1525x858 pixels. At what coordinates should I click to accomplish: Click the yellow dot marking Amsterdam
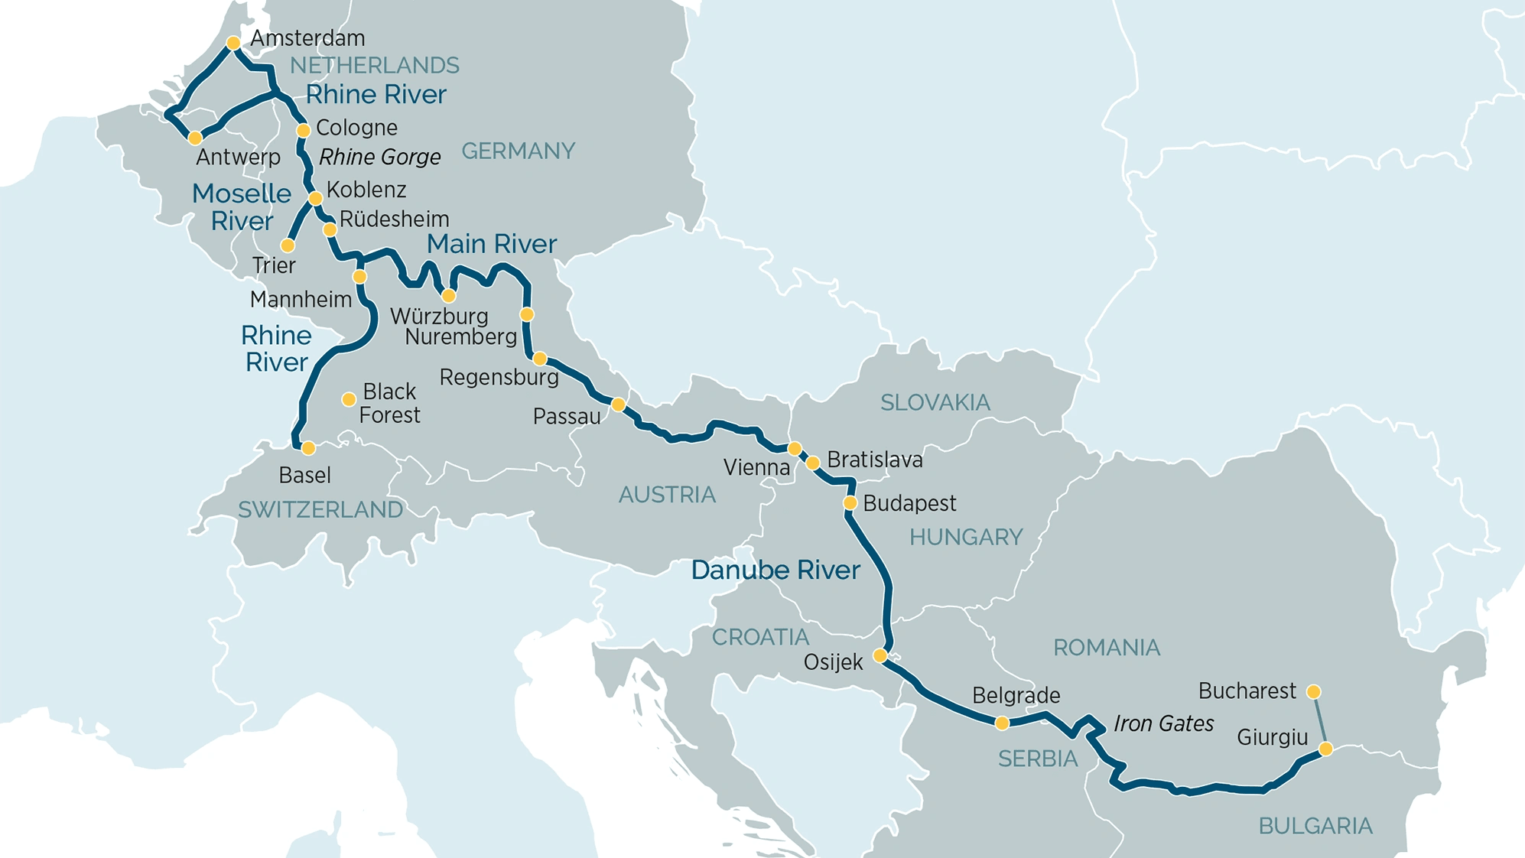(234, 43)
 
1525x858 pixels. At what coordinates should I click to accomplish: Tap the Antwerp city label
(239, 158)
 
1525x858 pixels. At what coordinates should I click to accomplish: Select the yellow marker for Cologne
(304, 131)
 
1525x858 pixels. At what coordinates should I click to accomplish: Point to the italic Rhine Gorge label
(379, 158)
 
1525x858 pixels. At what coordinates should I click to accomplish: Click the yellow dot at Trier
(288, 245)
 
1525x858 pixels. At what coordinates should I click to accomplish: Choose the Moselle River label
(242, 207)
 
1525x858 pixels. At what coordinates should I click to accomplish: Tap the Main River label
(491, 244)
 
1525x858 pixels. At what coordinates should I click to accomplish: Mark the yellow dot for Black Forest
(349, 399)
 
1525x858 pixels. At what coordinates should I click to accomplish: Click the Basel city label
(304, 476)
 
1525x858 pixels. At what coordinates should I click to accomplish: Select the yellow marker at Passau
(619, 404)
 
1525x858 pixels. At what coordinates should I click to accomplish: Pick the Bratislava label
(875, 460)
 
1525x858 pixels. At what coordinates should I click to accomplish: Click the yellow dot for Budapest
(850, 503)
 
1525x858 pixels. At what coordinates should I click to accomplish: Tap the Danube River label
(776, 570)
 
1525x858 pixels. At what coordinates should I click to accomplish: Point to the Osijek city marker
(880, 655)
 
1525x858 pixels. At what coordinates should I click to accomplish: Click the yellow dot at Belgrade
(1002, 723)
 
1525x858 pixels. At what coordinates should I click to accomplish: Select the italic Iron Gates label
(1163, 723)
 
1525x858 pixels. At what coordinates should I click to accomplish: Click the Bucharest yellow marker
(1313, 692)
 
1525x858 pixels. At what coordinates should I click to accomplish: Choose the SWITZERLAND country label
(320, 510)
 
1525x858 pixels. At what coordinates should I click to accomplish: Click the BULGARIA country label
(1315, 826)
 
